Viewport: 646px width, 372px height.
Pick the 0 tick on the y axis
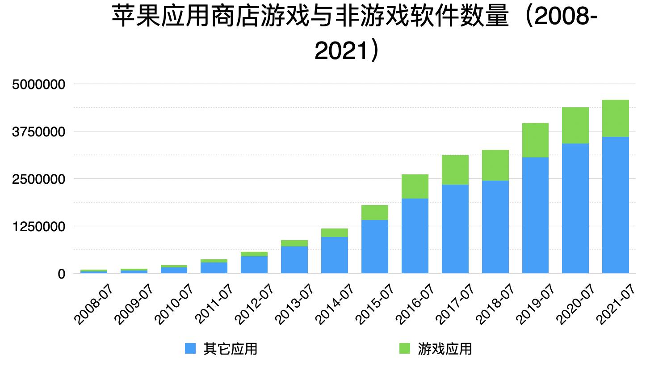pos(61,274)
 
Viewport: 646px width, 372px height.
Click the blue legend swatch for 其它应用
pos(190,348)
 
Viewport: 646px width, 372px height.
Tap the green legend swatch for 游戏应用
pos(404,348)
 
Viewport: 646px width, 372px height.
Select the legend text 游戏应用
pos(445,348)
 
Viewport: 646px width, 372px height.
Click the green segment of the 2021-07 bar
pos(615,118)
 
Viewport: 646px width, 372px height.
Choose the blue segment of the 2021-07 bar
pos(615,205)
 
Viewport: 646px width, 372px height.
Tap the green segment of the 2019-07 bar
pos(535,140)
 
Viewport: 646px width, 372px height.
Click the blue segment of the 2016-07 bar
pos(415,236)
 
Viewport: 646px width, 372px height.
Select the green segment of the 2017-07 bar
pos(455,170)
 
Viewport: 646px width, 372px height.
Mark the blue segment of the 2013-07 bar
pos(294,260)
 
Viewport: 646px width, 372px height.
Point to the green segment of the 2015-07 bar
pos(374,212)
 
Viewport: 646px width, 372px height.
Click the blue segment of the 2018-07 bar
pos(495,227)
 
